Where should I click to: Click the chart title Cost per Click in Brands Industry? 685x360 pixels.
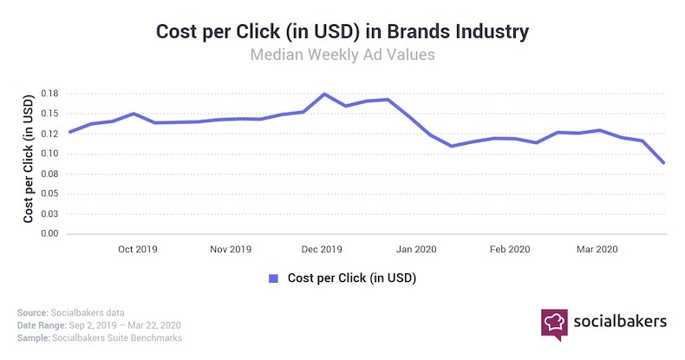pos(342,31)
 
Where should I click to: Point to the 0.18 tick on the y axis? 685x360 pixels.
pos(49,94)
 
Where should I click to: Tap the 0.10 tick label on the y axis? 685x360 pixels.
pos(49,154)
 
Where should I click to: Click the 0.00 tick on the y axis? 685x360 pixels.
pos(49,234)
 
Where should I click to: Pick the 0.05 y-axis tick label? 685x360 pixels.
pos(49,194)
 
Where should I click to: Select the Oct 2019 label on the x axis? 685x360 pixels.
pos(137,249)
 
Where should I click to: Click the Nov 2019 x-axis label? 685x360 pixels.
pos(231,249)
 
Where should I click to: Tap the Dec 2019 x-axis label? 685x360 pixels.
pos(322,249)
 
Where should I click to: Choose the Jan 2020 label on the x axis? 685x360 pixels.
pos(417,249)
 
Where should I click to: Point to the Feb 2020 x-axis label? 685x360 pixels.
pos(510,249)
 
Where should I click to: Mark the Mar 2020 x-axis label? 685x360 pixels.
pos(597,249)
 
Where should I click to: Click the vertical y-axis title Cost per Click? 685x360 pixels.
pos(29,164)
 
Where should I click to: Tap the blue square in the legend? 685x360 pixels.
pos(273,278)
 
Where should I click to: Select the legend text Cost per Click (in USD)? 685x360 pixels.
pos(351,278)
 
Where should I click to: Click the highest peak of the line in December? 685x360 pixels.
pos(324,94)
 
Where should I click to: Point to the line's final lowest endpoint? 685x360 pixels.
pos(663,162)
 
